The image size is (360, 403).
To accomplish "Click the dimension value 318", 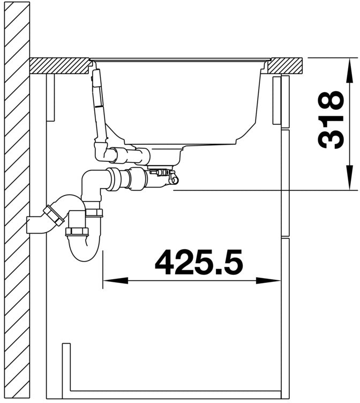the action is (331, 120).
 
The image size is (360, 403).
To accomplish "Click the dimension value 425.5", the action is (199, 262).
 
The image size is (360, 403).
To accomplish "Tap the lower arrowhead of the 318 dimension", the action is (349, 178).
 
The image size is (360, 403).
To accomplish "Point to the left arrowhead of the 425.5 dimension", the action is (115, 281).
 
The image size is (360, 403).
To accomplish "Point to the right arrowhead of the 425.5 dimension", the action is (268, 281).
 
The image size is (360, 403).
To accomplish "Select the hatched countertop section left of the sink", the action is (59, 66).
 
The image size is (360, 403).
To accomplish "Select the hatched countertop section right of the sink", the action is (284, 66).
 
